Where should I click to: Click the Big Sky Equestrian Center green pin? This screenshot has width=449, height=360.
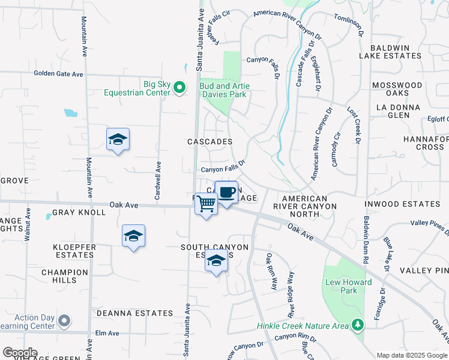click(x=179, y=88)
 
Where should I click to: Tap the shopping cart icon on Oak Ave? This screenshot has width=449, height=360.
click(x=206, y=204)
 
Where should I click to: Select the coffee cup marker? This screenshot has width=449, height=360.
click(x=226, y=193)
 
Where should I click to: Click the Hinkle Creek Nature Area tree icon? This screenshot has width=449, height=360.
click(x=358, y=325)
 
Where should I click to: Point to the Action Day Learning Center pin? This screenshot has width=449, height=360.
click(x=65, y=322)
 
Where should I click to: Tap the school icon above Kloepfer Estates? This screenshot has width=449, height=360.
click(x=133, y=237)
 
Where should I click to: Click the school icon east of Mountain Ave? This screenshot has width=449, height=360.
click(x=118, y=140)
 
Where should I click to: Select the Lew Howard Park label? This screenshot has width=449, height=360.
click(x=341, y=286)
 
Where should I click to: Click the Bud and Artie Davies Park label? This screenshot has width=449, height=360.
click(x=224, y=90)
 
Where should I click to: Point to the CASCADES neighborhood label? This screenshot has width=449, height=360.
click(x=209, y=142)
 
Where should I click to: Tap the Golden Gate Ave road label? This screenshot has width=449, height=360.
click(x=58, y=74)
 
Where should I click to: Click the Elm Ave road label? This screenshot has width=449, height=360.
click(x=107, y=333)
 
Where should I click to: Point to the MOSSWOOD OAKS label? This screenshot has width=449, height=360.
click(x=397, y=89)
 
